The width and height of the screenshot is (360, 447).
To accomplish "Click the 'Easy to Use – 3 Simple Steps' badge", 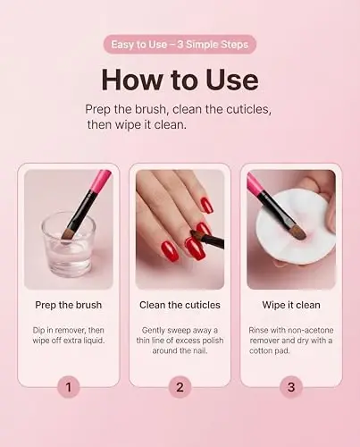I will pyautogui.click(x=180, y=44).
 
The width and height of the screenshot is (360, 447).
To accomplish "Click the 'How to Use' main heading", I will pyautogui.click(x=180, y=80).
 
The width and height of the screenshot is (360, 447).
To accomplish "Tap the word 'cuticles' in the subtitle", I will pyautogui.click(x=244, y=108).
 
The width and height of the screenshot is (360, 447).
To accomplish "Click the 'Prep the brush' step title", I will pyautogui.click(x=69, y=305).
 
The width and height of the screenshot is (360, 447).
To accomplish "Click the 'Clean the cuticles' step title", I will pyautogui.click(x=180, y=305).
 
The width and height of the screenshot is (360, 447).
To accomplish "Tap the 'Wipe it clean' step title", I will pyautogui.click(x=290, y=305).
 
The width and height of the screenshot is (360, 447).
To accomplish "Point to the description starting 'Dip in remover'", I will pyautogui.click(x=69, y=337).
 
